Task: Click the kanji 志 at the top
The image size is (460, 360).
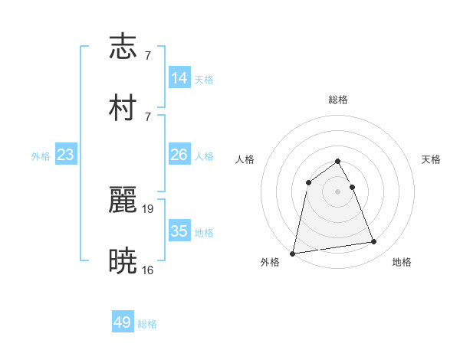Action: tap(123, 47)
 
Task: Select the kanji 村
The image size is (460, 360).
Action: tap(123, 106)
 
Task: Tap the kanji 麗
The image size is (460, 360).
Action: tap(123, 201)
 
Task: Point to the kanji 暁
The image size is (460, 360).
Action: tap(123, 260)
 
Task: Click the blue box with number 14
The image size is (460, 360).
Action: tap(179, 77)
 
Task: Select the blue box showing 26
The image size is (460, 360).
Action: tap(179, 155)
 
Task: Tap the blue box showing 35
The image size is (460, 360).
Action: tap(179, 231)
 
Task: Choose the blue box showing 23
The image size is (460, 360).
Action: tap(66, 155)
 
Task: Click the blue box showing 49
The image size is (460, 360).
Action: tap(123, 322)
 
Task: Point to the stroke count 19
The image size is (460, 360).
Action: tap(148, 208)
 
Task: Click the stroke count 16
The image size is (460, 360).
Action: tap(148, 269)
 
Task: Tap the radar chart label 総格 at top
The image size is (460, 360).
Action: tap(338, 100)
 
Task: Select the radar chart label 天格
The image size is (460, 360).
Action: tap(432, 159)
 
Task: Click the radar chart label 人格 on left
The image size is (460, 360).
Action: tap(245, 159)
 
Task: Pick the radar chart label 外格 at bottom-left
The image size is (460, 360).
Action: tap(270, 262)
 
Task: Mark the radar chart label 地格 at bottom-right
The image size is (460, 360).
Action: tap(402, 262)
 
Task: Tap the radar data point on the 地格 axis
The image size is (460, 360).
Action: tap(374, 242)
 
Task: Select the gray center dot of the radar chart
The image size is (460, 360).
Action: tap(338, 191)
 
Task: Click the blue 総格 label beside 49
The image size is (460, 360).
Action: tap(148, 324)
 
